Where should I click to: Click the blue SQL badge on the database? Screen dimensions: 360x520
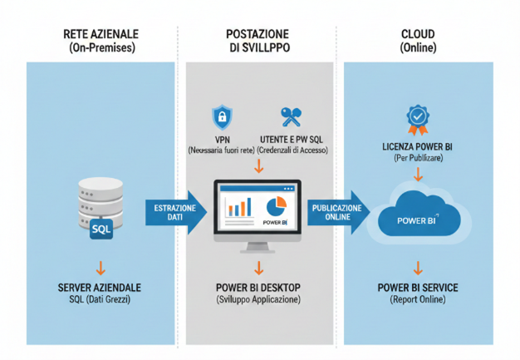click(101, 227)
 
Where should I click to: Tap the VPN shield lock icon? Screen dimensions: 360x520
click(221, 115)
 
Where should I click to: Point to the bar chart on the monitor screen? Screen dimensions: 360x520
click(240, 208)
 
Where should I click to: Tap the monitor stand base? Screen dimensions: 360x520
click(257, 249)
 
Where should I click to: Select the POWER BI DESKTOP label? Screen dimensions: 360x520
click(258, 288)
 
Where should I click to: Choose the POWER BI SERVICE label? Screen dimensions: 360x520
click(418, 288)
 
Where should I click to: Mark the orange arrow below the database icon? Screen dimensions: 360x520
click(100, 267)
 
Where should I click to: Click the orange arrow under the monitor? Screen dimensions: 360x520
click(258, 267)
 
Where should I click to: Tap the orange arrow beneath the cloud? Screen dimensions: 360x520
click(418, 267)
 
